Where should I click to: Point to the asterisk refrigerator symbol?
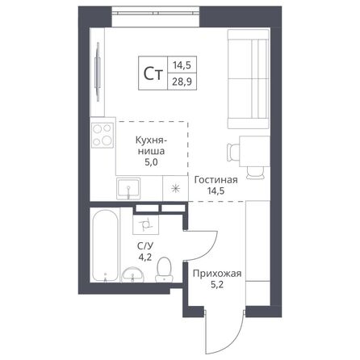(174, 186)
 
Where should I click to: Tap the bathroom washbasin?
(132, 277)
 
